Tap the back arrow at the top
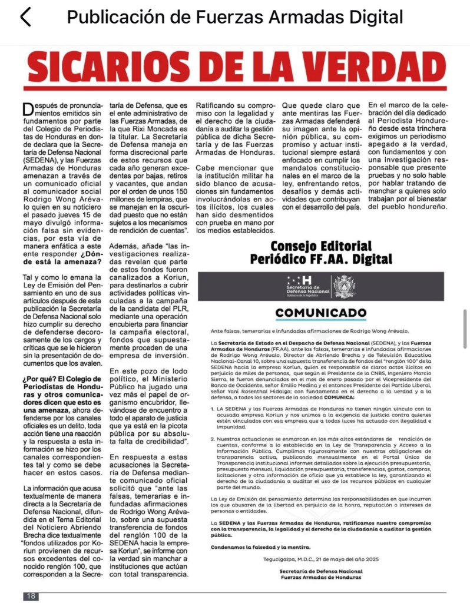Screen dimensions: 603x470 click(x=25, y=17)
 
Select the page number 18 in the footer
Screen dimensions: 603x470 click(x=31, y=596)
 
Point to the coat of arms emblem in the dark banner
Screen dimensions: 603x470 click(x=344, y=286)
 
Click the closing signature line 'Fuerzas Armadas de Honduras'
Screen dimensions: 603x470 click(x=321, y=577)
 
